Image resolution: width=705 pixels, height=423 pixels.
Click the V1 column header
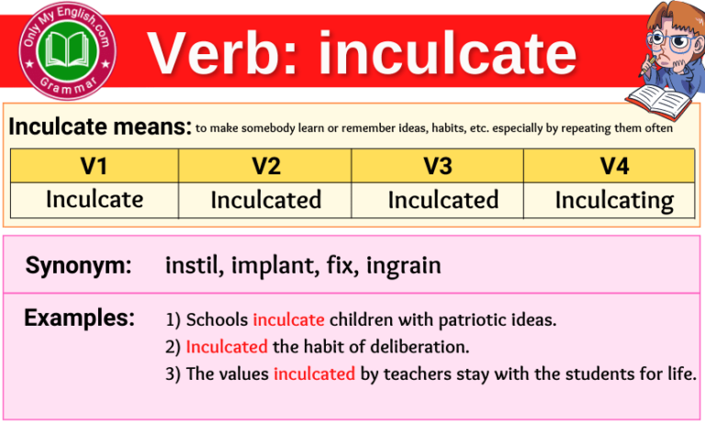(94, 166)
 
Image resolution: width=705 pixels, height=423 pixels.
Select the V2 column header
(265, 166)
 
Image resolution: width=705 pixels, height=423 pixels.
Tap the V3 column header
(437, 166)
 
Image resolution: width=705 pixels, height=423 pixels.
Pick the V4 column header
(609, 166)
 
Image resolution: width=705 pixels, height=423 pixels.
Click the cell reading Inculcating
(614, 200)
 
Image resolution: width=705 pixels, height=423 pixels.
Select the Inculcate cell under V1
(95, 199)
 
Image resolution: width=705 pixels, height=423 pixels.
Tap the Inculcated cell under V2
(266, 200)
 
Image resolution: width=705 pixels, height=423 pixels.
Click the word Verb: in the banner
(226, 53)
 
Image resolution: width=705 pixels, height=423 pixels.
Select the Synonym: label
(78, 267)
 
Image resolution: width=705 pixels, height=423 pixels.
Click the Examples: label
(80, 318)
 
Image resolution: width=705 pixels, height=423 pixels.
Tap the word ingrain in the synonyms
(404, 267)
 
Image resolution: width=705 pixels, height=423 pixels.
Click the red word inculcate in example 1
(288, 320)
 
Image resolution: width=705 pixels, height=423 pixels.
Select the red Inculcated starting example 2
(227, 347)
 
